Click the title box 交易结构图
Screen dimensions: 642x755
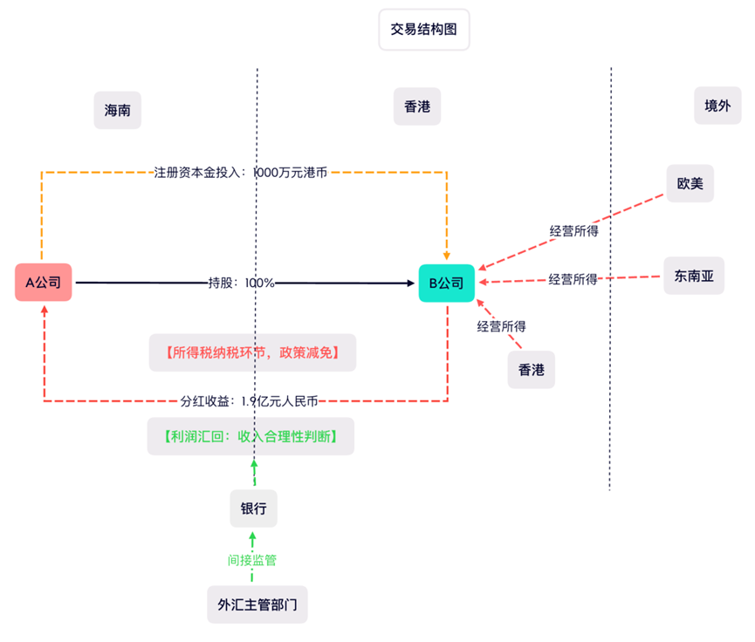[x=424, y=30]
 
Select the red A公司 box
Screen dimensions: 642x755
[x=43, y=282]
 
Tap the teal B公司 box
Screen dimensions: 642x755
[x=446, y=283]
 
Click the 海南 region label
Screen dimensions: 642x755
[x=117, y=111]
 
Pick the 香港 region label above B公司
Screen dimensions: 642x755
[x=417, y=107]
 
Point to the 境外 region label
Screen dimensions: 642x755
[x=717, y=106]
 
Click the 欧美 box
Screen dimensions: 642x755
[x=690, y=184]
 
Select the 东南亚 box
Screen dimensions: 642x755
[x=694, y=276]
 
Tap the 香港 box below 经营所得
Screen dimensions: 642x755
[x=531, y=370]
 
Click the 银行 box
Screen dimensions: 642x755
[x=253, y=508]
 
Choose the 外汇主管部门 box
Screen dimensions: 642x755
[x=257, y=604]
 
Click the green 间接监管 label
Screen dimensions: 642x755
[x=252, y=560]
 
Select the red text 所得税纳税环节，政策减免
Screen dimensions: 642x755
[x=251, y=353]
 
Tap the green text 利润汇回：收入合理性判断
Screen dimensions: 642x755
[x=251, y=435]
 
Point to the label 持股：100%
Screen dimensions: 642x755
[x=241, y=283]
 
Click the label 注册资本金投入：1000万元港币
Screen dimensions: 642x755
[x=241, y=172]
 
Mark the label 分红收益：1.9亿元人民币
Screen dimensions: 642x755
[x=249, y=401]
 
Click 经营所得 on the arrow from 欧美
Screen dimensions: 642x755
[x=573, y=231]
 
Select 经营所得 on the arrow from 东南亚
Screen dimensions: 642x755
[x=573, y=279]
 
